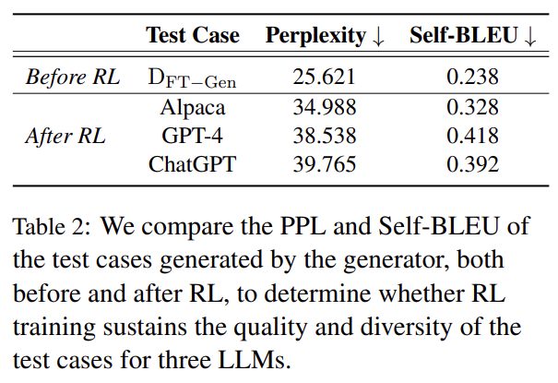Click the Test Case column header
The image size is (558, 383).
click(x=192, y=36)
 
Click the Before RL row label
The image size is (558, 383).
click(x=73, y=78)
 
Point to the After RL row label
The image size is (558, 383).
click(x=65, y=137)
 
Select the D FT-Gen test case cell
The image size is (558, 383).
click(x=192, y=78)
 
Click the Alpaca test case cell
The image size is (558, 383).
click(x=192, y=107)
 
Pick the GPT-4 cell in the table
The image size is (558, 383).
click(x=192, y=137)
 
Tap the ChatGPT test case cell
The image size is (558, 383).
click(x=192, y=165)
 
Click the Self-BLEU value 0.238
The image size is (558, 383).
click(x=473, y=78)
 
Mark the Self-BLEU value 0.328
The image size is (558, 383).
click(x=473, y=107)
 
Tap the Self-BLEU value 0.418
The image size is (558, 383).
click(x=473, y=137)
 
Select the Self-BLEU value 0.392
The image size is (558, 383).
click(x=473, y=165)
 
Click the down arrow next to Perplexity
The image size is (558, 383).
click(x=378, y=37)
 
